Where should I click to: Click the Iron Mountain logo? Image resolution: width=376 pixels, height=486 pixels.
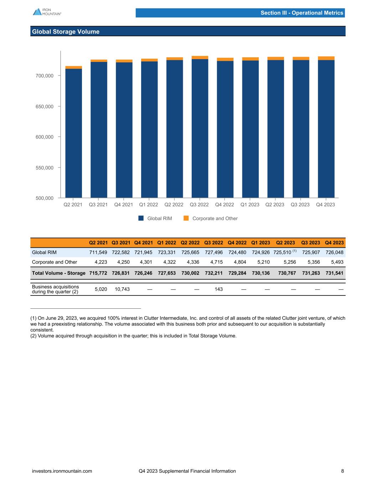(x=47, y=12)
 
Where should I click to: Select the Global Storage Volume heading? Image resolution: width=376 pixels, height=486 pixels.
(x=66, y=32)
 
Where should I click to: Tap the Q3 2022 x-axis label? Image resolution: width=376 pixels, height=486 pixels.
(x=199, y=205)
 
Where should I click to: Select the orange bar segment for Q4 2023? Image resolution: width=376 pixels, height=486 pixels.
(x=326, y=58)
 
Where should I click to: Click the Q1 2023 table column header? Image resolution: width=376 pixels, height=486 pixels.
(x=260, y=243)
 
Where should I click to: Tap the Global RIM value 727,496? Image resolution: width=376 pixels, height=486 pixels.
(x=213, y=252)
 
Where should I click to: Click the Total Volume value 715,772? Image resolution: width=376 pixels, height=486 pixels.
(x=98, y=273)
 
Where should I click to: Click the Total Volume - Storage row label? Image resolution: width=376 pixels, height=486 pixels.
(x=58, y=273)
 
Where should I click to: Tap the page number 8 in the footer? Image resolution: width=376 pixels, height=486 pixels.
(x=342, y=471)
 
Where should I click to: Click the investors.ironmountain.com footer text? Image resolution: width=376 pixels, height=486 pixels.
(x=62, y=471)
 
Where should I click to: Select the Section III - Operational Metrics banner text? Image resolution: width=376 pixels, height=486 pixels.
(x=302, y=13)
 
